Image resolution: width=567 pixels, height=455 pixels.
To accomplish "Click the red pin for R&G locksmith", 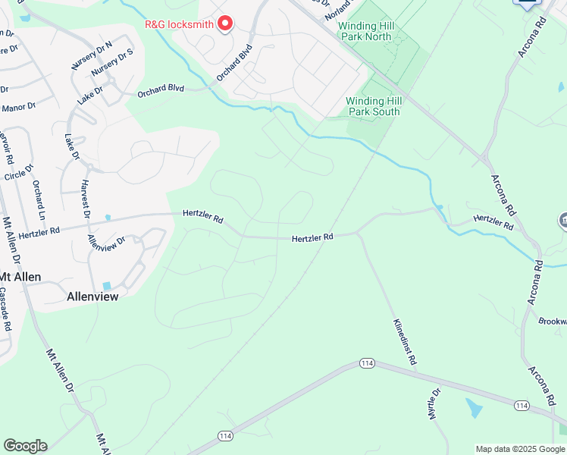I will click(224, 24).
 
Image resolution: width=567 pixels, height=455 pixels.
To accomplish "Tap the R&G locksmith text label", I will click(180, 24).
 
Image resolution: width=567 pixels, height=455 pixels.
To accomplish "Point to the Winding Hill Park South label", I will click(372, 106).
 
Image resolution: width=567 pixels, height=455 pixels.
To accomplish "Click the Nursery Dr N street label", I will click(91, 55).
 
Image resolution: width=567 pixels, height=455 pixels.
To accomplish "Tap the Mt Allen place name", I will click(20, 277).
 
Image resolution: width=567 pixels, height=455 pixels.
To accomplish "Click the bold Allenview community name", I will click(92, 297).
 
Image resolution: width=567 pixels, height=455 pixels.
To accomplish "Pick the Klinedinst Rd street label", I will click(405, 343).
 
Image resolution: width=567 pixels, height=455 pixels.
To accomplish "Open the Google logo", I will click(25, 446).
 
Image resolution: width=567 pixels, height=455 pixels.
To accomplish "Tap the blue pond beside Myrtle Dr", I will click(474, 408).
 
